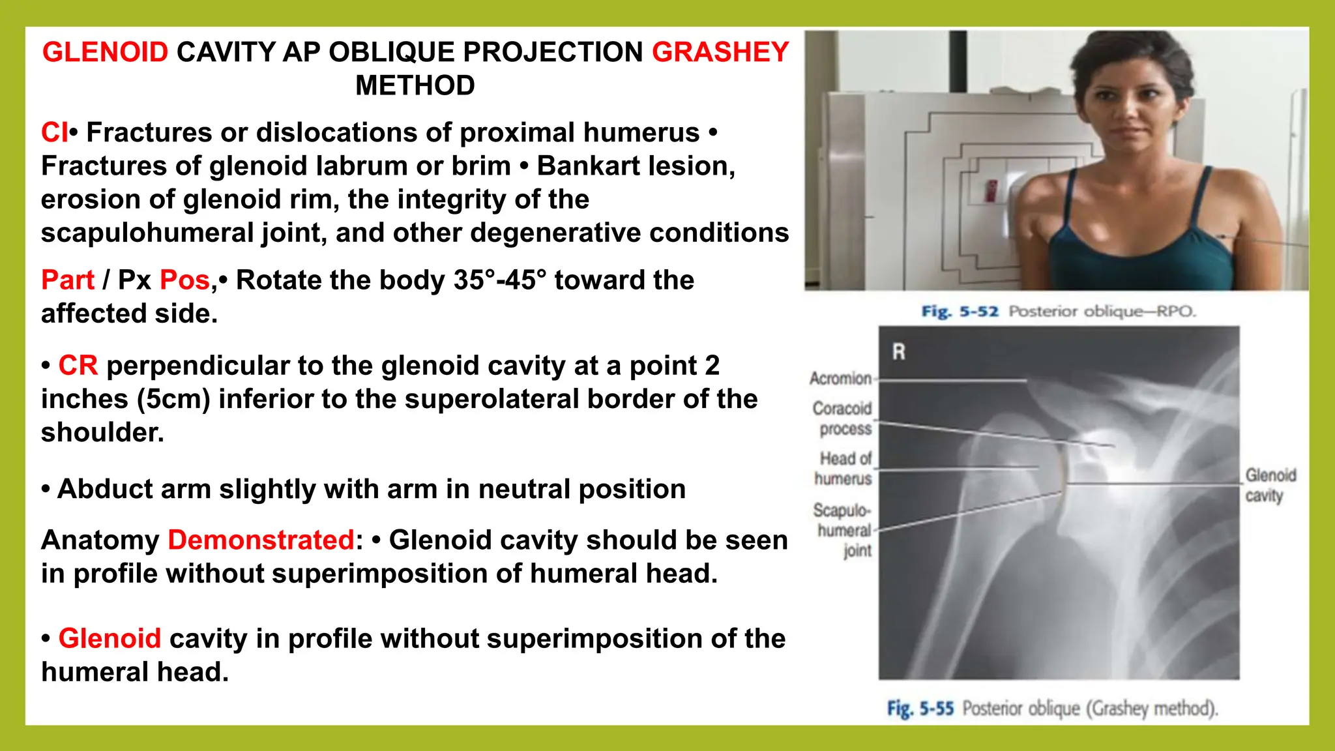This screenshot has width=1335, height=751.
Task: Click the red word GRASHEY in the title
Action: (x=720, y=52)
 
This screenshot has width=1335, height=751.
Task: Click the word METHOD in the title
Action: (x=415, y=85)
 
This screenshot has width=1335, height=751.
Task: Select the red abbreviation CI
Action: (x=54, y=132)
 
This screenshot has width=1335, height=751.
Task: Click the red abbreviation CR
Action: (x=78, y=366)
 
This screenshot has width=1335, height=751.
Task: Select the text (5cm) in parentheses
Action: (x=173, y=399)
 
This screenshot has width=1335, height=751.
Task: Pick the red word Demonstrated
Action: (x=261, y=540)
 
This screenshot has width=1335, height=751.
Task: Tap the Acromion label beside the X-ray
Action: (x=840, y=378)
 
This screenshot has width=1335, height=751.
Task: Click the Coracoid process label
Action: (x=842, y=419)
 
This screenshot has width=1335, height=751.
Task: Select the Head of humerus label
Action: (x=844, y=468)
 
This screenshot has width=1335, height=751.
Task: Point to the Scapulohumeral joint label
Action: (x=844, y=529)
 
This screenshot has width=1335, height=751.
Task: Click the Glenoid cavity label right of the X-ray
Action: (x=1269, y=485)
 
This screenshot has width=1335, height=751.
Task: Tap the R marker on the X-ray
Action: (x=899, y=352)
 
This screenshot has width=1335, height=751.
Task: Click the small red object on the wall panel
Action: (x=991, y=190)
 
